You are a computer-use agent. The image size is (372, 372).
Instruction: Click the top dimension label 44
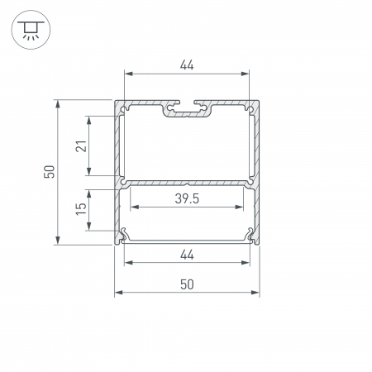[187, 65]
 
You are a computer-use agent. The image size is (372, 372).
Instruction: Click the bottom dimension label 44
[187, 255]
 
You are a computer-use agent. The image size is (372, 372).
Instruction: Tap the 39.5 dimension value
[187, 198]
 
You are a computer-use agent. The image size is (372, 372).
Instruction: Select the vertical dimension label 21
[81, 146]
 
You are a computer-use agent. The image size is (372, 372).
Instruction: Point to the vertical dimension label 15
[81, 209]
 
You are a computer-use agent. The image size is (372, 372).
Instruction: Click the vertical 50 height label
[50, 172]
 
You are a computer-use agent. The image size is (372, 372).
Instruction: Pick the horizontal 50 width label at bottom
[187, 284]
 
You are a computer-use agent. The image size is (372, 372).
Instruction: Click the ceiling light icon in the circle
[31, 30]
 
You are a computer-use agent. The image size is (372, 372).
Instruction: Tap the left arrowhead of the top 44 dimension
[129, 74]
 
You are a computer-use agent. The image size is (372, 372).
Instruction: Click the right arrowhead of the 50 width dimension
[255, 293]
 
